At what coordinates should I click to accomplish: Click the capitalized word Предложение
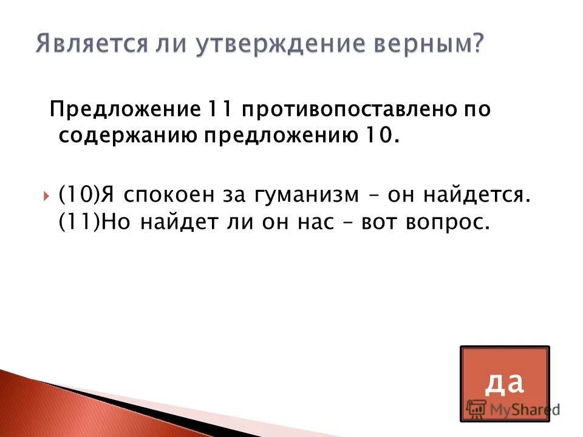click(x=124, y=111)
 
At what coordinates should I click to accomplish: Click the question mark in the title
click(x=477, y=44)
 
